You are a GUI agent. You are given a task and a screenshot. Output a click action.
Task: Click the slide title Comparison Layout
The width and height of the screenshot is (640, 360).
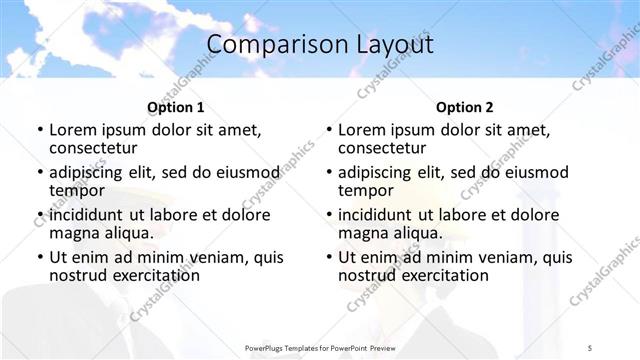click(320, 45)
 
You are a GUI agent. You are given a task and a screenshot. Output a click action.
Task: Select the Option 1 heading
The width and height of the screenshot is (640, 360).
click(176, 107)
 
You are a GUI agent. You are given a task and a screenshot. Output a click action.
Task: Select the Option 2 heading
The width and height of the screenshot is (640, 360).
click(465, 107)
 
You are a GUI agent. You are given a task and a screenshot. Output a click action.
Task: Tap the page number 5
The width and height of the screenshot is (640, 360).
click(590, 347)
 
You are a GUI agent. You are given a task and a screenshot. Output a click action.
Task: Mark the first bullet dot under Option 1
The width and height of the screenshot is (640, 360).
click(40, 131)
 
